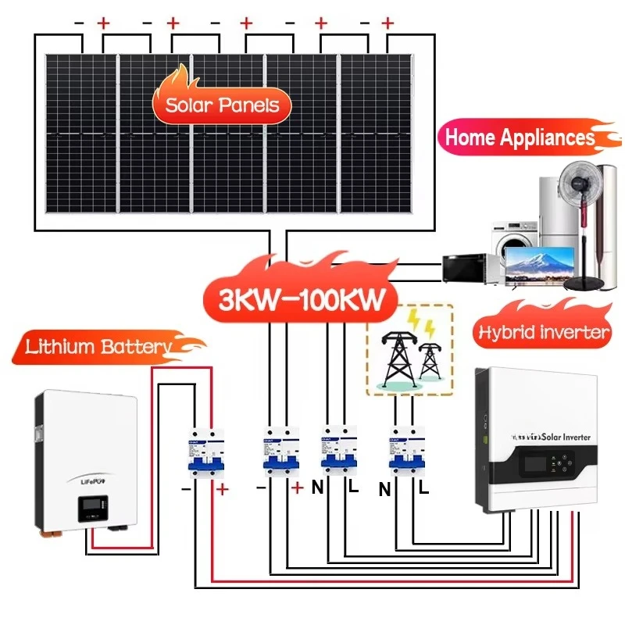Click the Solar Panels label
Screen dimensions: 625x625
click(223, 104)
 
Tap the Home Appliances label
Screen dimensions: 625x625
click(519, 138)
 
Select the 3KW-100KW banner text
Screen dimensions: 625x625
click(296, 299)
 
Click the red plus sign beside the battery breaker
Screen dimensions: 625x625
click(223, 490)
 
